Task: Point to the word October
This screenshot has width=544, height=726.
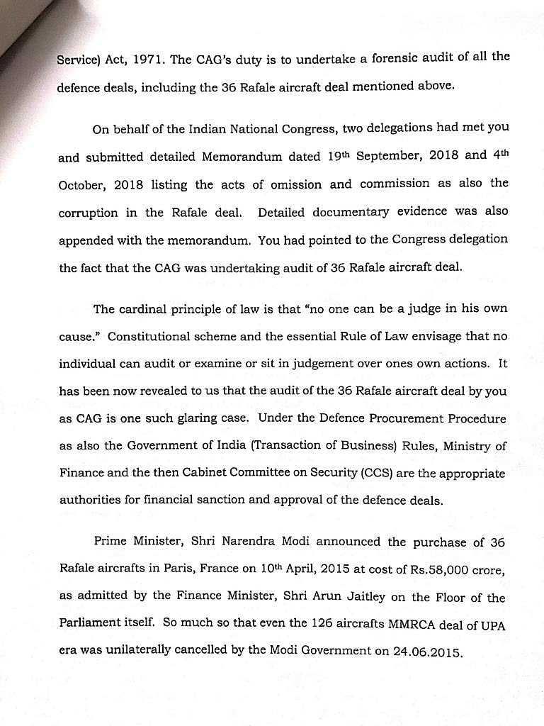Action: [x=83, y=185]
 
